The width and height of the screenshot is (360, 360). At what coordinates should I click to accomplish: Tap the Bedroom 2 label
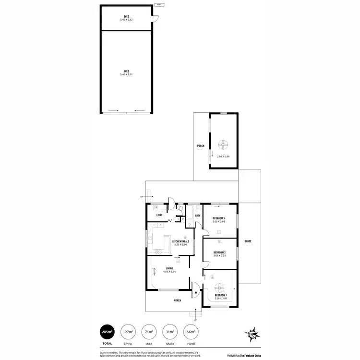pyautogui.click(x=219, y=252)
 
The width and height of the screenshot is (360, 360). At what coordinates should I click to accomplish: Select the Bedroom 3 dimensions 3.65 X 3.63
pyautogui.click(x=219, y=222)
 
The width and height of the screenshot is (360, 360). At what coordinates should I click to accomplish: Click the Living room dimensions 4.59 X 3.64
pyautogui.click(x=169, y=272)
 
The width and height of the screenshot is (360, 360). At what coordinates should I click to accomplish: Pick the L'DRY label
pyautogui.click(x=159, y=215)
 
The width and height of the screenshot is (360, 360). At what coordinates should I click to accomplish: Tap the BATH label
pyautogui.click(x=191, y=216)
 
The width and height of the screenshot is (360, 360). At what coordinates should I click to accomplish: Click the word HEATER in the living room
pyautogui.click(x=154, y=272)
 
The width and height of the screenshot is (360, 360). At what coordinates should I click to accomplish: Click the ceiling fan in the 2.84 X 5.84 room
pyautogui.click(x=223, y=143)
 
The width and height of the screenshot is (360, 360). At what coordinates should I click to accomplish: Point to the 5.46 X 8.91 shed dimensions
pyautogui.click(x=126, y=74)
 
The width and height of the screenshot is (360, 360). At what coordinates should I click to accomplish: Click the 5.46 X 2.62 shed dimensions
pyautogui.click(x=126, y=20)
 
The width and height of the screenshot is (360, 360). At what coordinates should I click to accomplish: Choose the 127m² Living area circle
pyautogui.click(x=127, y=332)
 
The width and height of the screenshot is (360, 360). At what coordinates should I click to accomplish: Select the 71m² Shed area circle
pyautogui.click(x=149, y=332)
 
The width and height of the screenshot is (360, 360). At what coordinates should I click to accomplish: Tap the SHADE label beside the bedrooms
pyautogui.click(x=248, y=241)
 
